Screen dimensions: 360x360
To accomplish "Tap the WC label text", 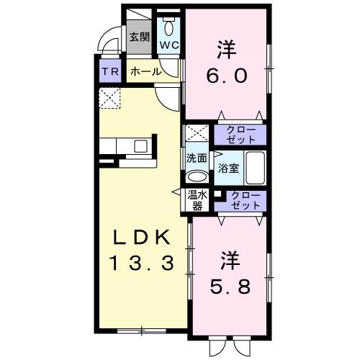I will (x=168, y=45).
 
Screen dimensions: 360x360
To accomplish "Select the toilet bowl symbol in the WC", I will (x=169, y=28).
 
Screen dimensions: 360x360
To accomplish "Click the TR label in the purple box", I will (x=109, y=72).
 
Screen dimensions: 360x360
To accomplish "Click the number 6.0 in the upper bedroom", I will (x=227, y=74).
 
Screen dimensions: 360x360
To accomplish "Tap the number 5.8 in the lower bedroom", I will (x=230, y=286).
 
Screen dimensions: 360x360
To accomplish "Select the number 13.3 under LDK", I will (x=141, y=263).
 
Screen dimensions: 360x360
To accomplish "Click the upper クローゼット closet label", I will (x=240, y=134).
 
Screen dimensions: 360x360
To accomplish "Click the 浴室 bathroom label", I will (x=229, y=169).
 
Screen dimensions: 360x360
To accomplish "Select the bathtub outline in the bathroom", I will (x=256, y=168).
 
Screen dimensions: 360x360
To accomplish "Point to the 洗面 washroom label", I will (x=197, y=158).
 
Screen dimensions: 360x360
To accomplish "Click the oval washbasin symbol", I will (x=195, y=177).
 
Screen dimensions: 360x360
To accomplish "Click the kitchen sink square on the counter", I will (x=140, y=146).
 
